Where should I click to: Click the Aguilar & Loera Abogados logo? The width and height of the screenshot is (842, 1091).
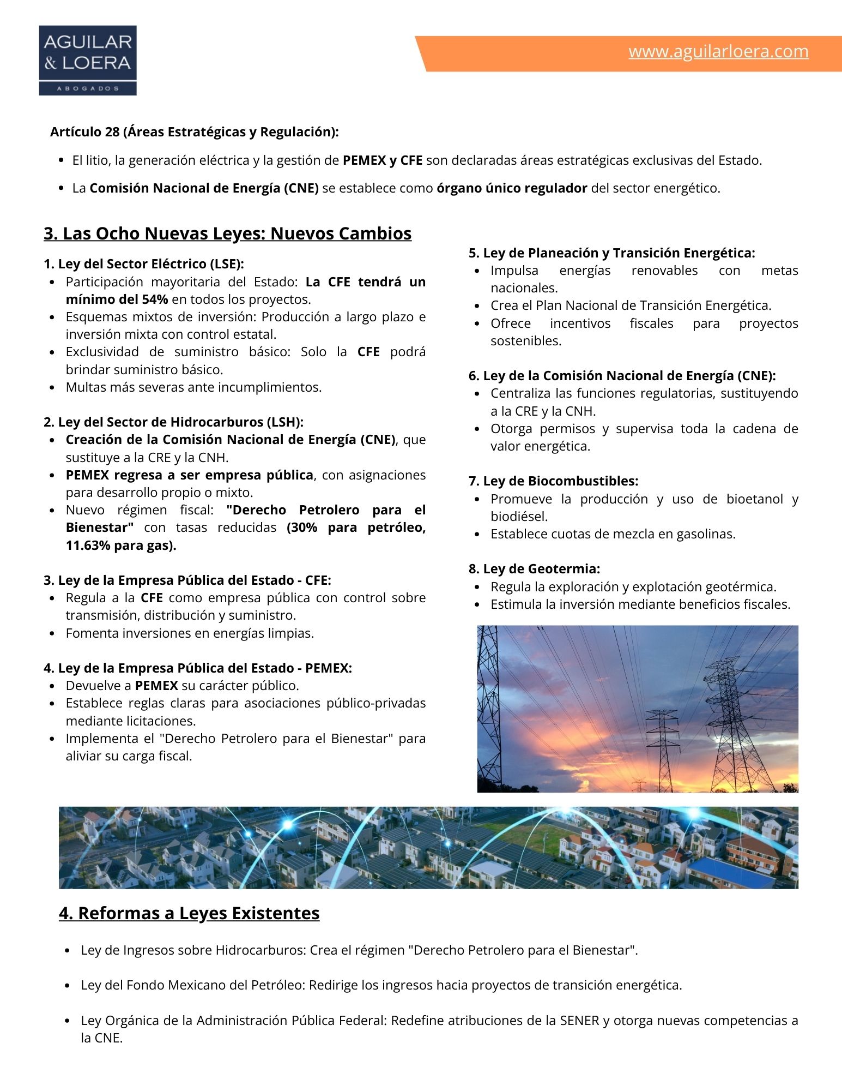[x=88, y=61]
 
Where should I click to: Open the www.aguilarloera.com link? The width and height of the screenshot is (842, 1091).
[x=718, y=51]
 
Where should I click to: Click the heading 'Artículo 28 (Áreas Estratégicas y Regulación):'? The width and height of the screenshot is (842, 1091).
[x=195, y=132]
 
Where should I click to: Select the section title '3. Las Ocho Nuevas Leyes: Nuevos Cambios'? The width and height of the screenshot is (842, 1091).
[x=227, y=233]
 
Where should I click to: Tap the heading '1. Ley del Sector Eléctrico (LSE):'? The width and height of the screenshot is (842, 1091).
[x=144, y=264]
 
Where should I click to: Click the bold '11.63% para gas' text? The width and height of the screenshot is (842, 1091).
[x=120, y=545]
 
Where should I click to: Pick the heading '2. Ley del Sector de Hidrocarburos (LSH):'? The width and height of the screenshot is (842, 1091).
[x=173, y=422]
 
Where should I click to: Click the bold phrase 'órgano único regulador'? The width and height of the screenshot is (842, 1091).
[x=512, y=188]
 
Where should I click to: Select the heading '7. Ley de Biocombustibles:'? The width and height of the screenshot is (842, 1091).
[x=553, y=481]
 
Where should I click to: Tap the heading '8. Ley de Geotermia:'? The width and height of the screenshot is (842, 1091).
[x=534, y=569]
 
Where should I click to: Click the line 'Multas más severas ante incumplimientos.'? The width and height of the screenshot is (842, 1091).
[x=193, y=387]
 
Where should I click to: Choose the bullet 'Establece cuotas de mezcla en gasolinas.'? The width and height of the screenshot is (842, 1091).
[x=613, y=534]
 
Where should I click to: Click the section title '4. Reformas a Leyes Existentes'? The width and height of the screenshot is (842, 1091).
[x=189, y=913]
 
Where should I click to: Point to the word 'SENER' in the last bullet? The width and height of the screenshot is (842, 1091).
[x=579, y=1021]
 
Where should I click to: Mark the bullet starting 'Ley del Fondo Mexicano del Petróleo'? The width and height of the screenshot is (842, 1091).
[x=381, y=985]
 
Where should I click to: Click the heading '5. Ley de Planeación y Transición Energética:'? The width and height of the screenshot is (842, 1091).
[x=611, y=253]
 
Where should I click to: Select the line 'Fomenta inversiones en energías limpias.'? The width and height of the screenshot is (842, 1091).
[x=190, y=633]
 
